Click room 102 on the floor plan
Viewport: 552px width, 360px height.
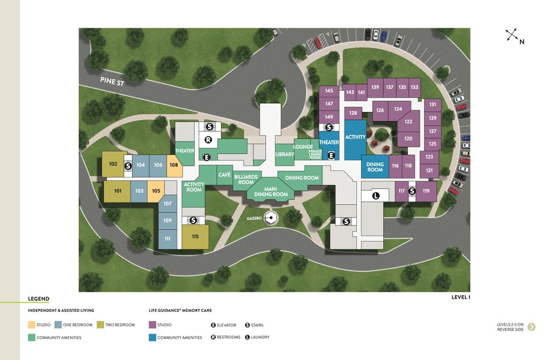point(113,164)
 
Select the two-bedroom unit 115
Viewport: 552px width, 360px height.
point(195,237)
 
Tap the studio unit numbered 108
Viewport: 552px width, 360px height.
point(174,165)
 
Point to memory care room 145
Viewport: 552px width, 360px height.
point(329,91)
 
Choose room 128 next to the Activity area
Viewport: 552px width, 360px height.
point(353,113)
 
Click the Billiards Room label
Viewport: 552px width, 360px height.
point(246,179)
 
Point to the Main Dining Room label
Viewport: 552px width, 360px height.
point(271,192)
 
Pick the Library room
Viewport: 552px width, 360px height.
point(285,154)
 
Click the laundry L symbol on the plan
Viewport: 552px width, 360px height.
point(376,195)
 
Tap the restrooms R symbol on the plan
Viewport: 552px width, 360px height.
point(208,140)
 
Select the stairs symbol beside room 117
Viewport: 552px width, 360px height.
point(411,191)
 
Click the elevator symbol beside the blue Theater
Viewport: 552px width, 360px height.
point(331,155)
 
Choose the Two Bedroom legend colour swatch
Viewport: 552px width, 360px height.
point(101,325)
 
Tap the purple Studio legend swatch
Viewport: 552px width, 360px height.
point(152,325)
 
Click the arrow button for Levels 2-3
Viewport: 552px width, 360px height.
point(532,327)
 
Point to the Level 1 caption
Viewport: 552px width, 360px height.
point(461,297)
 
